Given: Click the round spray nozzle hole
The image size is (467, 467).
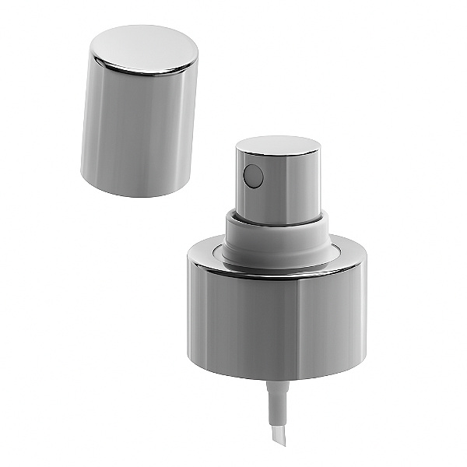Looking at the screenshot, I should coord(251,177).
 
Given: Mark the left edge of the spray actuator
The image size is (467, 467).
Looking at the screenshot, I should coord(237,183).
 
